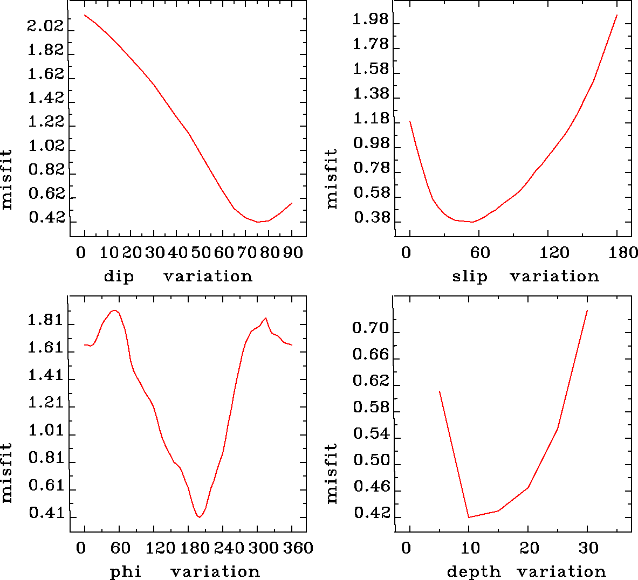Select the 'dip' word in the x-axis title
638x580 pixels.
coord(119,277)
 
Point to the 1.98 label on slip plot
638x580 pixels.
coord(371,19)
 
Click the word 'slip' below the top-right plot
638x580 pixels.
coord(469,277)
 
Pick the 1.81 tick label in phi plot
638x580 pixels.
coord(46,321)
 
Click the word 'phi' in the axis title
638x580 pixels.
coord(126,571)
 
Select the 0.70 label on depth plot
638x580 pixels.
coord(371,328)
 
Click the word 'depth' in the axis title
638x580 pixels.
coord(474,571)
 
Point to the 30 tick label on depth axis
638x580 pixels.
coord(588,548)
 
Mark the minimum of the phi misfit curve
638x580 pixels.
coord(200,517)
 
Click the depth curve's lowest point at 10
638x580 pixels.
coord(469,517)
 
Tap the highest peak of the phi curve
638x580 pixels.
coord(114,310)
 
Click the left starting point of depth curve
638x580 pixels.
coord(440,391)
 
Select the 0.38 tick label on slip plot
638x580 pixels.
coord(371,218)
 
